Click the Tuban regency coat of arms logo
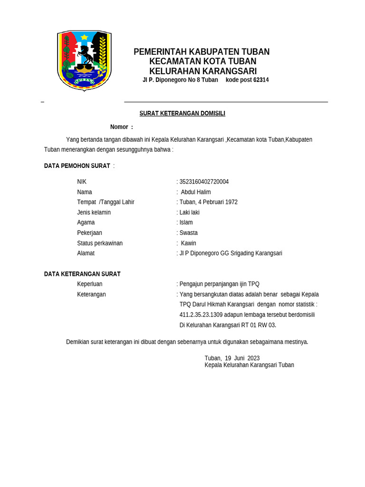pyautogui.click(x=84, y=60)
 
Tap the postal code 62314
pyautogui.click(x=261, y=80)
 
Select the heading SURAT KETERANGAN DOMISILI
pyautogui.click(x=182, y=113)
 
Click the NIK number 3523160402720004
pyautogui.click(x=204, y=182)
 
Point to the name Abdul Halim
pyautogui.click(x=196, y=192)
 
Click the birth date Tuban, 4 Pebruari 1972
pyautogui.click(x=208, y=202)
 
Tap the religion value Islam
pyautogui.click(x=186, y=223)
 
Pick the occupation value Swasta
pyautogui.click(x=188, y=233)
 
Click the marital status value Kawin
pyautogui.click(x=189, y=243)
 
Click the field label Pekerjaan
pyautogui.click(x=89, y=233)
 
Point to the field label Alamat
pyautogui.click(x=86, y=253)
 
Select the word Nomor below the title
pyautogui.click(x=119, y=127)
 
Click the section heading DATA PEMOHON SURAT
pyautogui.click(x=77, y=166)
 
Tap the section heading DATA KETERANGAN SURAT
pyautogui.click(x=82, y=274)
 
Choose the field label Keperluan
pyautogui.click(x=89, y=284)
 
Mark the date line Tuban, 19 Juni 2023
pyautogui.click(x=232, y=358)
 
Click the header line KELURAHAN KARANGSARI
pyautogui.click(x=203, y=71)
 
